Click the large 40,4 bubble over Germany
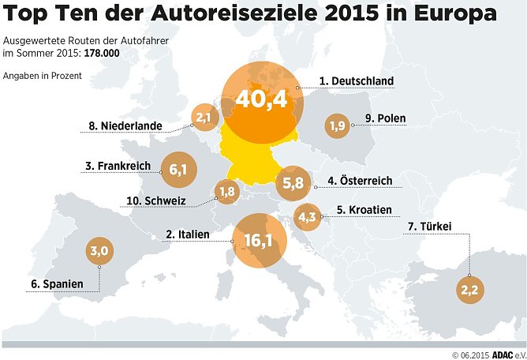point(260,101)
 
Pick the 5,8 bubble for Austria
point(291,182)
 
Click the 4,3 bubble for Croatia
point(307,216)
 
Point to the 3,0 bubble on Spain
point(99,251)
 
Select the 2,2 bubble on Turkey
point(469,290)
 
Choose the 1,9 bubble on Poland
point(338,125)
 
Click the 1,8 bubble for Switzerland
point(227,191)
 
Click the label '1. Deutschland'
point(357,81)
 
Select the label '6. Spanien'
point(53,283)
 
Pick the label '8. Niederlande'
point(126,126)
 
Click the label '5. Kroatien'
point(364,210)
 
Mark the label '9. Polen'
point(385,119)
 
